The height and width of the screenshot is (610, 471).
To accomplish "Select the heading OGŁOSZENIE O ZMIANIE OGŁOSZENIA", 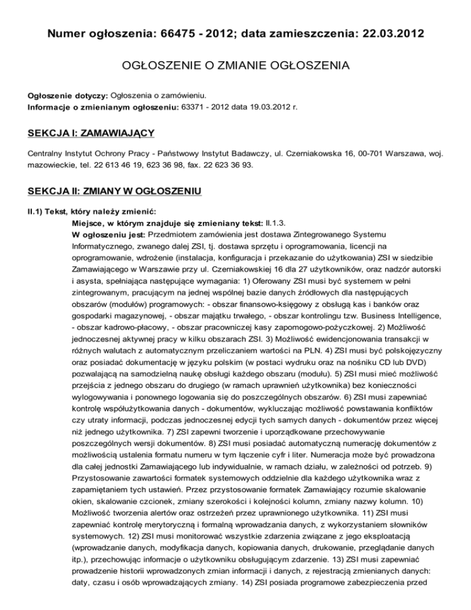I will click(235, 65).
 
